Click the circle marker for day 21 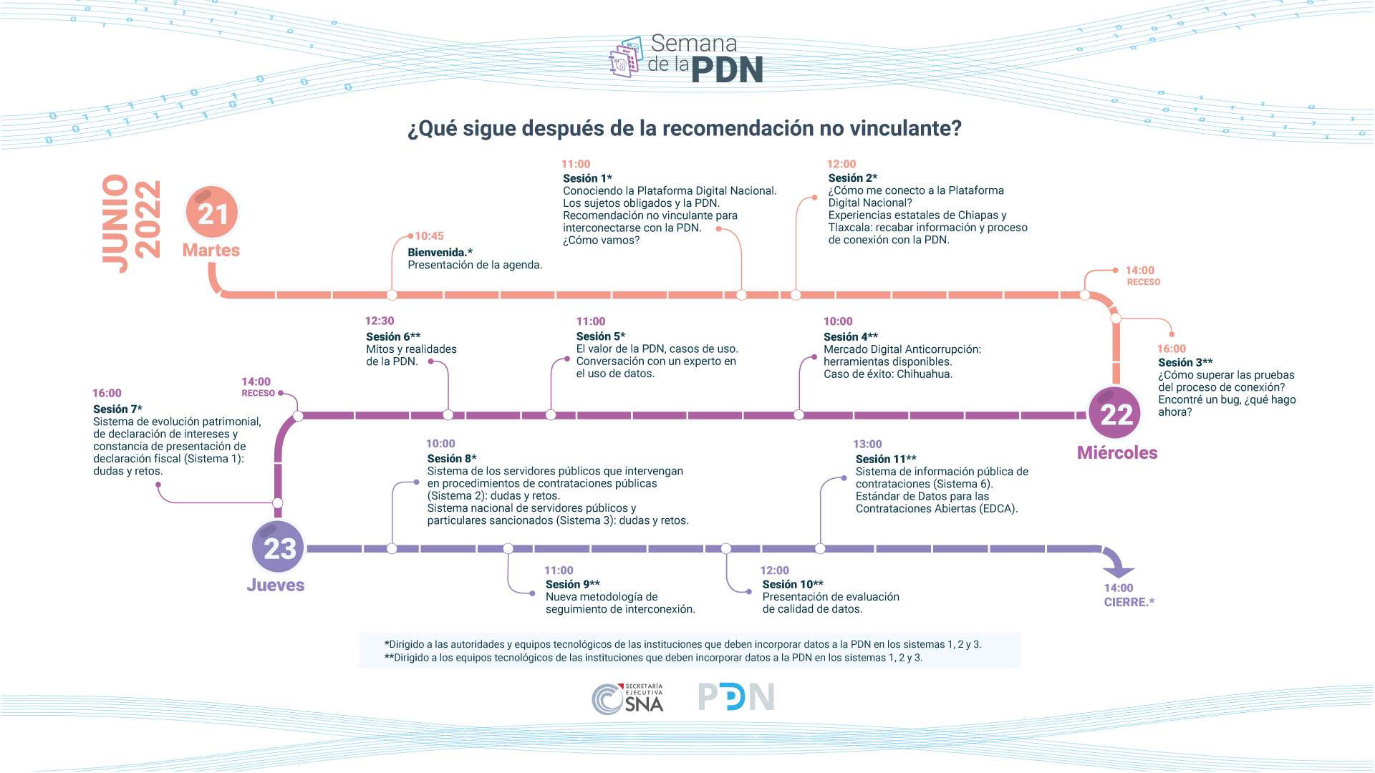pyautogui.click(x=212, y=213)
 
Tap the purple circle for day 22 pyautogui.click(x=1116, y=414)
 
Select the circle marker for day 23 pyautogui.click(x=279, y=548)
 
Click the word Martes pyautogui.click(x=211, y=251)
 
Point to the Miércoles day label pyautogui.click(x=1117, y=453)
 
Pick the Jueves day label pyautogui.click(x=276, y=585)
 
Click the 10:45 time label pyautogui.click(x=429, y=236)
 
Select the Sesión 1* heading pyautogui.click(x=587, y=178)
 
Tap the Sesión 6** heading pyautogui.click(x=393, y=336)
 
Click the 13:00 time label pyautogui.click(x=867, y=444)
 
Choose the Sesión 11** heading pyautogui.click(x=886, y=459)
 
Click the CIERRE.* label pyautogui.click(x=1129, y=603)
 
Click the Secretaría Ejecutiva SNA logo pyautogui.click(x=628, y=699)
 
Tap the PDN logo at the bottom pyautogui.click(x=736, y=697)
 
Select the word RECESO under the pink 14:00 pyautogui.click(x=1144, y=282)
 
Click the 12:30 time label pyautogui.click(x=380, y=321)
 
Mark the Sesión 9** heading pyautogui.click(x=573, y=584)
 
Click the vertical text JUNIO pyautogui.click(x=115, y=223)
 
